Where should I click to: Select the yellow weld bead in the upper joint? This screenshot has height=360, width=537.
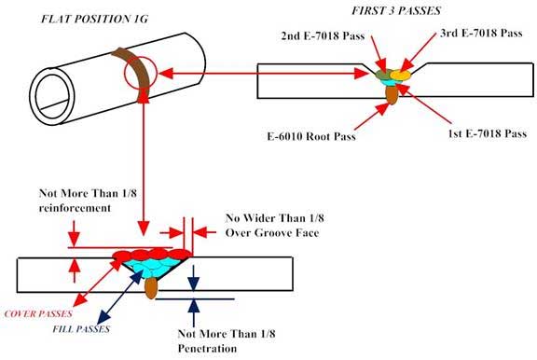(x=399, y=73)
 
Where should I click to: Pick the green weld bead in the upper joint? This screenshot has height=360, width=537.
(x=382, y=72)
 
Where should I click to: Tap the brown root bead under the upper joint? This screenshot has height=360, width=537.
(x=389, y=91)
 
